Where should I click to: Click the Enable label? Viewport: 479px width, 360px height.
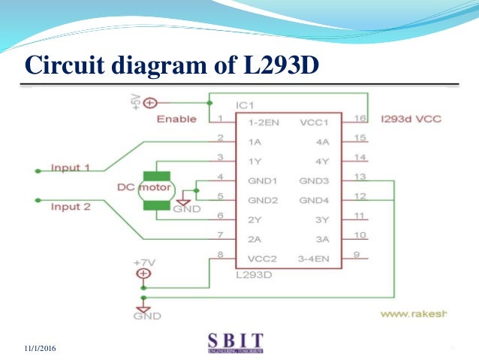(x=176, y=119)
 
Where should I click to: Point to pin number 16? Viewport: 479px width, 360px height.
(x=360, y=118)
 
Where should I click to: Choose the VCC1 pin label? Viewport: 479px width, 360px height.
(x=314, y=120)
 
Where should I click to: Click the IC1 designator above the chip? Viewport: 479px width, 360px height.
(x=246, y=105)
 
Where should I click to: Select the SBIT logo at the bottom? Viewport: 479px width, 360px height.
(x=237, y=340)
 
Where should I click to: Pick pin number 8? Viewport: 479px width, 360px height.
(x=220, y=255)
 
